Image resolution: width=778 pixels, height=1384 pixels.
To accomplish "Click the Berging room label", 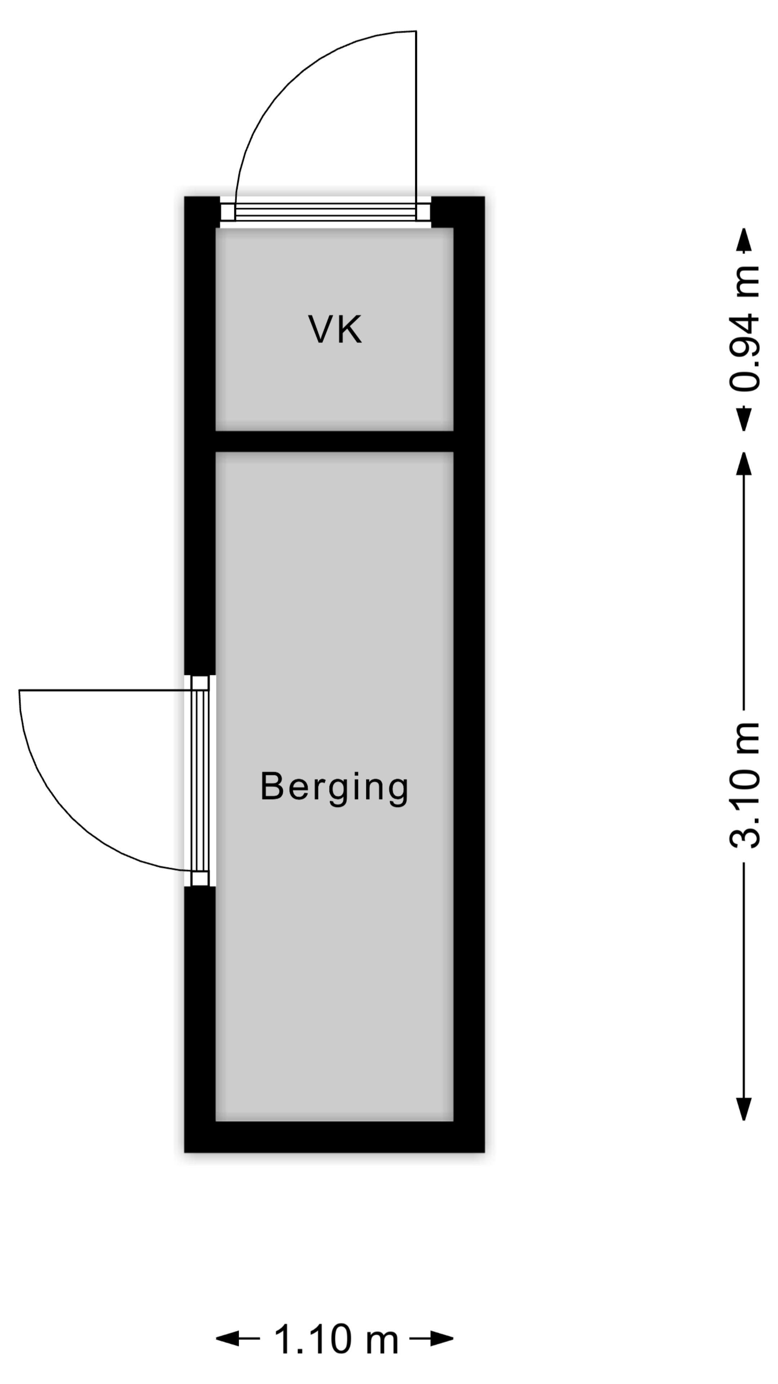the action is tap(335, 788).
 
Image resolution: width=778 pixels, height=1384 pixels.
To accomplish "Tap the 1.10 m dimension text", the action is tap(337, 1339).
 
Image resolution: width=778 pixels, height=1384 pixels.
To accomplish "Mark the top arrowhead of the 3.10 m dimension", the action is tap(744, 463).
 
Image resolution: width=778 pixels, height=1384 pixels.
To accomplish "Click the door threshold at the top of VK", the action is tap(325, 212).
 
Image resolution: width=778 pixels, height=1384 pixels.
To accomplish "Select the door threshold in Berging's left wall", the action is tap(200, 781).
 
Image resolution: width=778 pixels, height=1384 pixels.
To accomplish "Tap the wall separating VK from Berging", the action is tap(335, 442).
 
